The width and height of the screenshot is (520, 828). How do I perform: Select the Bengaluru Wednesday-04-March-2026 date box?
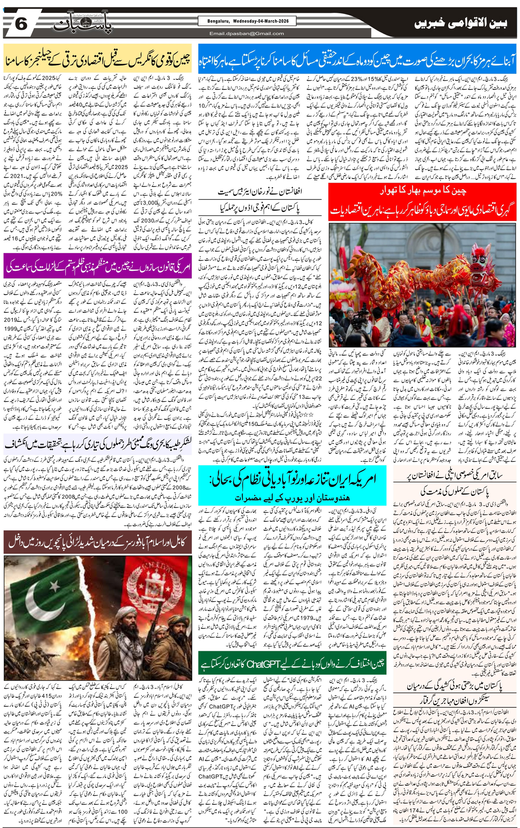pyautogui.click(x=248, y=21)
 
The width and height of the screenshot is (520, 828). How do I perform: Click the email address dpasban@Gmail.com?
pyautogui.click(x=247, y=33)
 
